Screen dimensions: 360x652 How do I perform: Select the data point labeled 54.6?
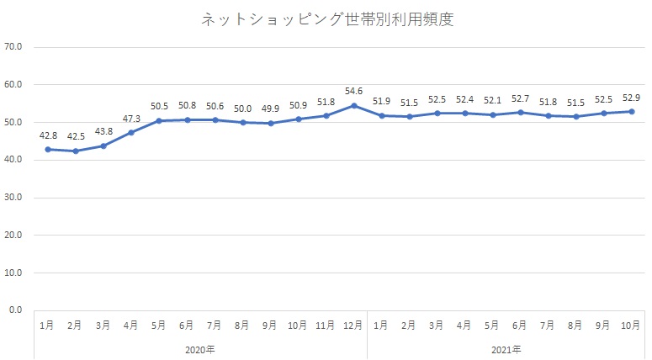coord(354,105)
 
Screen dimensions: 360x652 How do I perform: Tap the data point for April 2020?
coord(131,132)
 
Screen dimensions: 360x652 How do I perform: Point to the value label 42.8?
coord(47,135)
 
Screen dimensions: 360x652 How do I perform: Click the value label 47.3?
coord(131,119)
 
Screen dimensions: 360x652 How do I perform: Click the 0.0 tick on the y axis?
coord(14,310)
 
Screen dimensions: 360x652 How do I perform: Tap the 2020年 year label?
coord(200,348)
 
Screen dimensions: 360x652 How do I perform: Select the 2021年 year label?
coord(506,348)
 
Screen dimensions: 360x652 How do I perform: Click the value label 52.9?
coord(631,97)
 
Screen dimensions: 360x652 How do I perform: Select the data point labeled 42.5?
coord(76,151)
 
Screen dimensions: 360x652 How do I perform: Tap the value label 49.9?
coord(270,109)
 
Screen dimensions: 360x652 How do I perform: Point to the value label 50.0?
coord(242,109)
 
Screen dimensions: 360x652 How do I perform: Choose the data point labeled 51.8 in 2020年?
coord(326,115)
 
